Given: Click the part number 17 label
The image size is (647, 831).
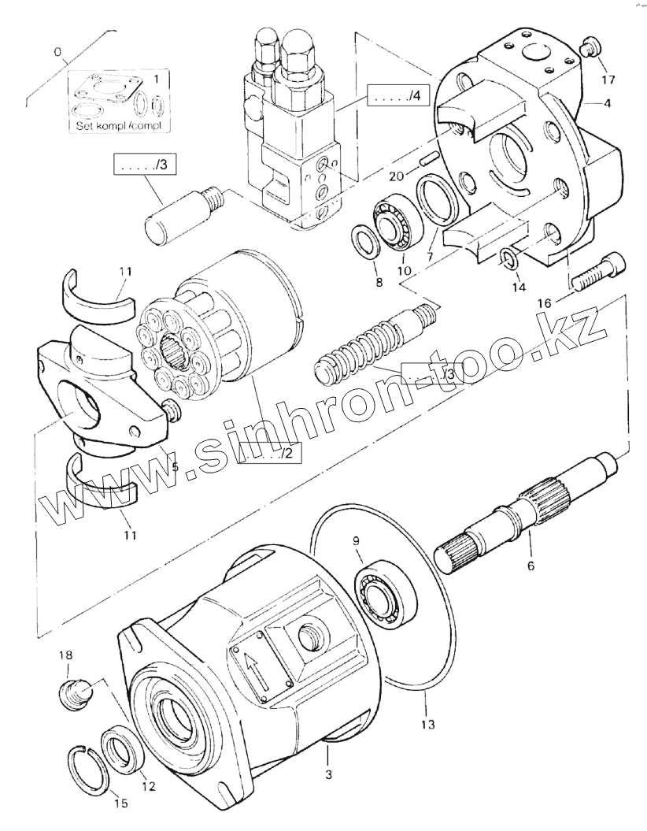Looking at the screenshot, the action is [608, 80].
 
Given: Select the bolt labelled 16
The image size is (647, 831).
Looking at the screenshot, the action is [596, 270].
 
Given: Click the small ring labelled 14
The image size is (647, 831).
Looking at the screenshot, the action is [509, 257].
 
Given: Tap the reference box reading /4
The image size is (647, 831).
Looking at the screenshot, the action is [397, 97].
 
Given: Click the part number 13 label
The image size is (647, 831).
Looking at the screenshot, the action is [427, 723].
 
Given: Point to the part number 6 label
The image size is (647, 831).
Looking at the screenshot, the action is [530, 565].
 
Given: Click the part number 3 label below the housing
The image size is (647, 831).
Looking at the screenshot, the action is [328, 775].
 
